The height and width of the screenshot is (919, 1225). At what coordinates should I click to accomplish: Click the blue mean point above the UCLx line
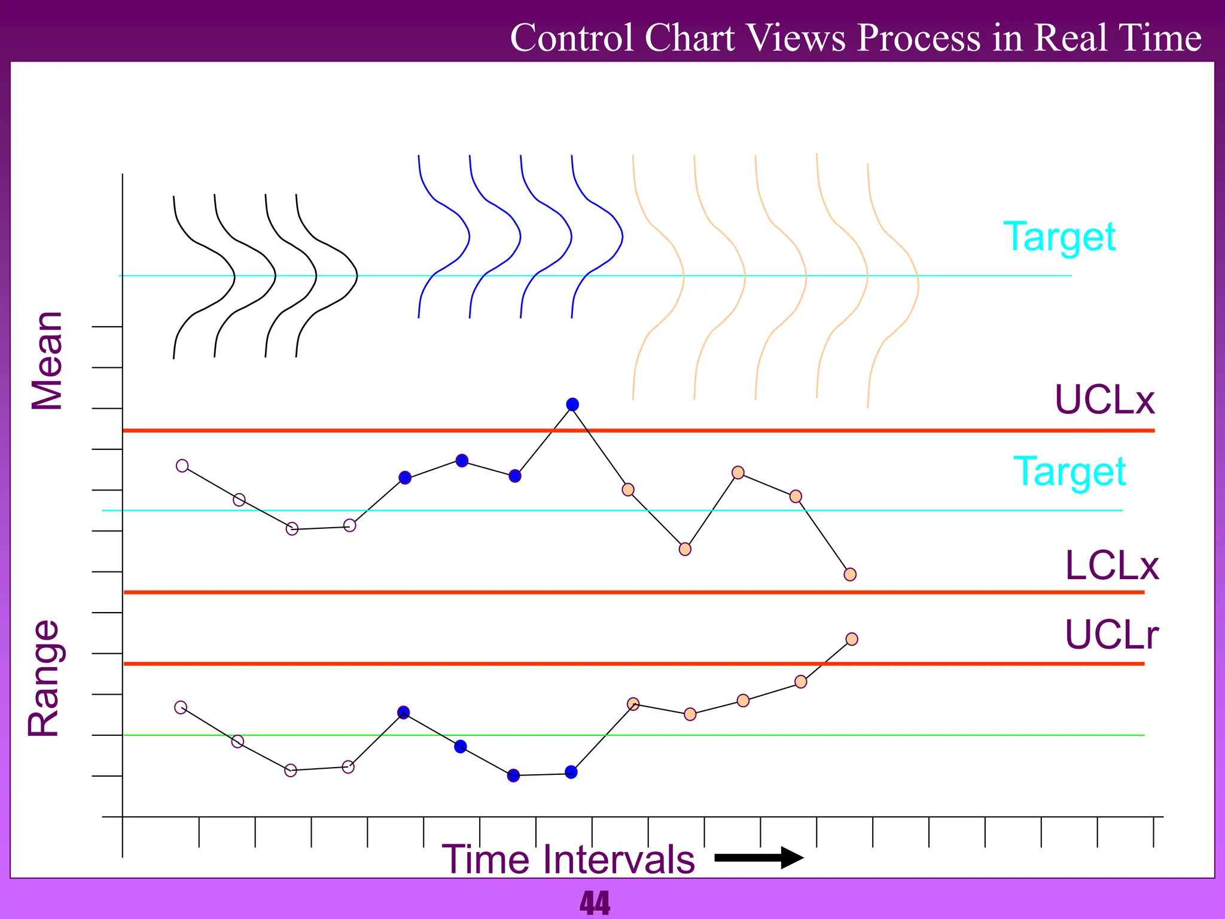(x=572, y=404)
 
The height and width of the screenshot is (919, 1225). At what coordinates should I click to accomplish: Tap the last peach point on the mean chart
(x=850, y=574)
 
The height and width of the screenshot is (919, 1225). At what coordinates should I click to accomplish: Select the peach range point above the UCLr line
(x=852, y=639)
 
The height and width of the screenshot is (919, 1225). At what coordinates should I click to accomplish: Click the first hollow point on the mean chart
(x=182, y=465)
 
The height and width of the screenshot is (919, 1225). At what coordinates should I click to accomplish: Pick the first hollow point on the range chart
(x=181, y=707)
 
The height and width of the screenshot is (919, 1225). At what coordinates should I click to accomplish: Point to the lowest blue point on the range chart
(x=513, y=776)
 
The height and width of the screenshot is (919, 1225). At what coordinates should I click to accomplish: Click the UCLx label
(x=1104, y=400)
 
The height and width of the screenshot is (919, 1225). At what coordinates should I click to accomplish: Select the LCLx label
(x=1111, y=565)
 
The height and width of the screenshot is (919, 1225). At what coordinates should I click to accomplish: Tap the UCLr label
(x=1111, y=635)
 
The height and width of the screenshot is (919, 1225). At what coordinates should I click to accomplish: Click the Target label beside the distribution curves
(x=1059, y=237)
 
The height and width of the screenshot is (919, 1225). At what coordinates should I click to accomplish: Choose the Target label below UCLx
(x=1069, y=472)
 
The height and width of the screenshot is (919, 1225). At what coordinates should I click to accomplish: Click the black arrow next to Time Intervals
(x=759, y=857)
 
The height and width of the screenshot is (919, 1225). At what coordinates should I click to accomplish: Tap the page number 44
(x=595, y=903)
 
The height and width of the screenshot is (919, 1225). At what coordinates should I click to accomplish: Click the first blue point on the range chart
(x=404, y=712)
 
